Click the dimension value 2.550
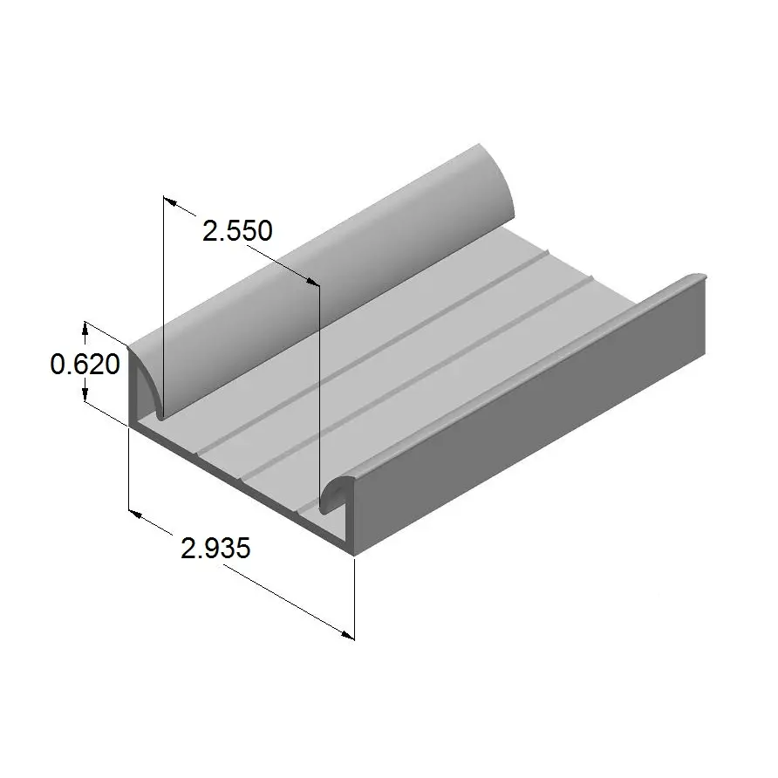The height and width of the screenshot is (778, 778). click(x=237, y=231)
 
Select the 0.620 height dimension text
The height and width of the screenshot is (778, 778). click(x=85, y=365)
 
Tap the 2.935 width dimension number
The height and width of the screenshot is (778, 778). click(x=215, y=549)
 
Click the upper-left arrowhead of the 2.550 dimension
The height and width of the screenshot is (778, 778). click(x=170, y=201)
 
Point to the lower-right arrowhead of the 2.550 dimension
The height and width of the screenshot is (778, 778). click(x=312, y=282)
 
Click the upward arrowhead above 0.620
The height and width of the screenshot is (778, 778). click(x=85, y=327)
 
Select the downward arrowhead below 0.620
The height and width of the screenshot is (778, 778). click(x=85, y=395)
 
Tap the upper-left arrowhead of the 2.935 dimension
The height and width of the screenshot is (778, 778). click(x=136, y=514)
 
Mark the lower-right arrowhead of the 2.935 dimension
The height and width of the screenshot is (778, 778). click(x=347, y=635)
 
